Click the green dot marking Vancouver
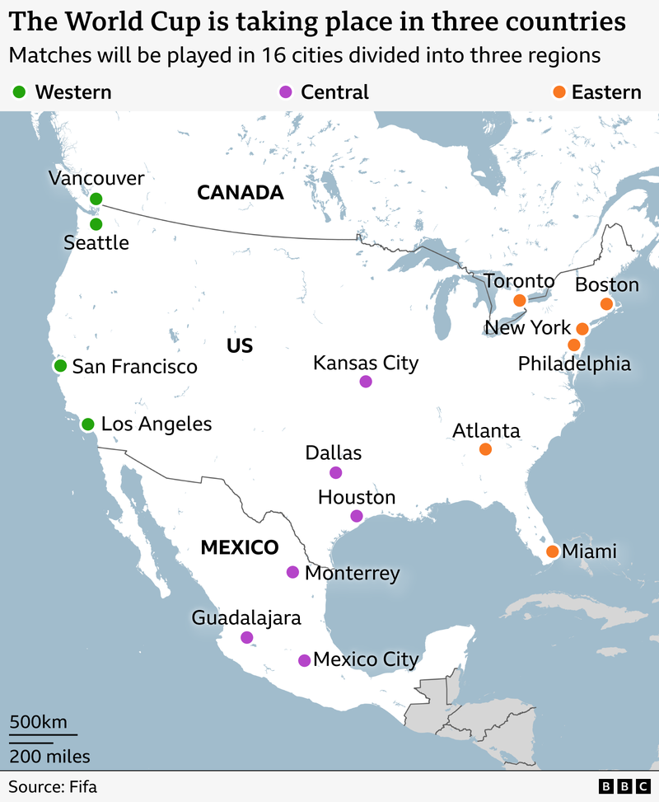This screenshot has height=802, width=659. (96, 199)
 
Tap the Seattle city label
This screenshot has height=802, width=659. (96, 243)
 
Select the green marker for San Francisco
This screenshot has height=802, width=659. (59, 366)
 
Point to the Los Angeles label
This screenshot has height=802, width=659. (156, 424)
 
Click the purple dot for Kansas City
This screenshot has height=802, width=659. (366, 382)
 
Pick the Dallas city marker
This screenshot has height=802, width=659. (335, 472)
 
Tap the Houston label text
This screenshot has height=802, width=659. (357, 498)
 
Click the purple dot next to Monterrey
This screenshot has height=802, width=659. (292, 572)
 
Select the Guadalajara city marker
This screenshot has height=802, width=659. (247, 637)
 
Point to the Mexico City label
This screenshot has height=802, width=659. (366, 659)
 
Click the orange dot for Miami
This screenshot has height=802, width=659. (552, 551)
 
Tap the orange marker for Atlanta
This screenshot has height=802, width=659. (485, 449)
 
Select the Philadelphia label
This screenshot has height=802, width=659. (574, 363)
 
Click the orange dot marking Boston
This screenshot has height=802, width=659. (606, 304)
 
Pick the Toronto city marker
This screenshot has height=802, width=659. (520, 301)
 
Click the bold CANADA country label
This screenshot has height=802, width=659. (241, 193)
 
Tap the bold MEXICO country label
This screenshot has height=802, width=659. (240, 547)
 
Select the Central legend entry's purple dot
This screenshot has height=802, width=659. (287, 91)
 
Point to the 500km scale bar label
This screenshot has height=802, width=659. (38, 722)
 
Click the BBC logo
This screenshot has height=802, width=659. (624, 786)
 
